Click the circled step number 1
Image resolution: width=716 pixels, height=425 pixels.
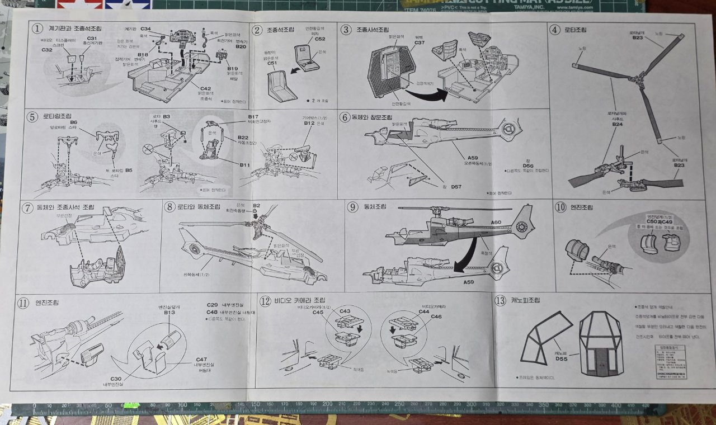click(37, 28)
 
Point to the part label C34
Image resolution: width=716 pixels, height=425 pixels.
click(145, 28)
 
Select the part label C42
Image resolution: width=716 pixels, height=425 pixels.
click(205, 88)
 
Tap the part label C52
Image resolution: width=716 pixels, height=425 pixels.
click(319, 39)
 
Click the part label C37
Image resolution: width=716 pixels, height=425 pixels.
click(420, 42)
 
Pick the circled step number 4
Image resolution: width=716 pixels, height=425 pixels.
click(555, 29)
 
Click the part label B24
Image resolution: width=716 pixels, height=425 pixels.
click(617, 124)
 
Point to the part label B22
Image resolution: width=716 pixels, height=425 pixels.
click(243, 137)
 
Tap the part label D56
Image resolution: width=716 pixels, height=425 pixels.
click(527, 166)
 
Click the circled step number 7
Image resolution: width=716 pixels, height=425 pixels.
click(27, 207)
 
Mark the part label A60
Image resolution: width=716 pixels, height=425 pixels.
click(496, 223)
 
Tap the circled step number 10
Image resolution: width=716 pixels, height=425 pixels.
click(560, 207)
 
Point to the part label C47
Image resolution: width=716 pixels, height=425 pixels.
click(201, 359)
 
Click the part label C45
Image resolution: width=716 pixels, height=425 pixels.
click(318, 313)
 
